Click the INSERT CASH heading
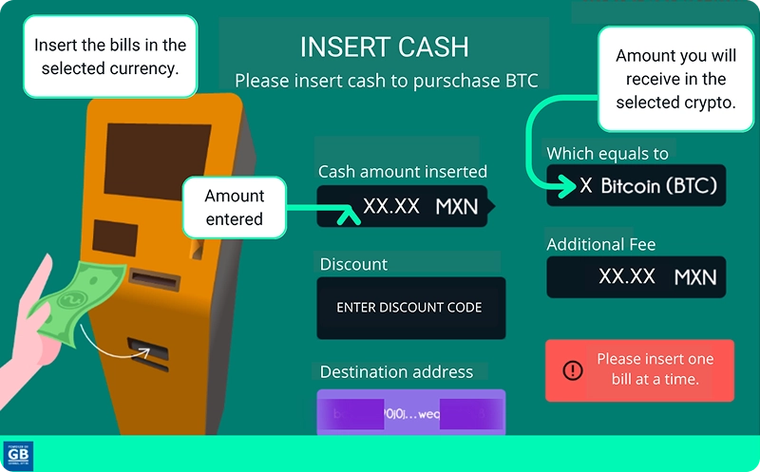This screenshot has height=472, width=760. pyautogui.click(x=384, y=47)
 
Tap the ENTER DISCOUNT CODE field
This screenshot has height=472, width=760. pyautogui.click(x=409, y=308)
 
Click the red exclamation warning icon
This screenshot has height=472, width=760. pyautogui.click(x=572, y=370)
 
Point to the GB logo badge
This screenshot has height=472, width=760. pyautogui.click(x=19, y=456)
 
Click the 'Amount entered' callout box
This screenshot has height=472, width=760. pyautogui.click(x=235, y=207)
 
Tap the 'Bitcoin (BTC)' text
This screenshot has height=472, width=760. pyautogui.click(x=658, y=185)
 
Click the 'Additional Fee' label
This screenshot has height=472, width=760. pyautogui.click(x=600, y=245)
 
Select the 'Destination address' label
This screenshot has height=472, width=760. pyautogui.click(x=396, y=372)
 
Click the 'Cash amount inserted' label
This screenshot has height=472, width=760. pyautogui.click(x=403, y=172)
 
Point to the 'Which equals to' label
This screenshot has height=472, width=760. pyautogui.click(x=607, y=154)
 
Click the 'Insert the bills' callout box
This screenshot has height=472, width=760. pyautogui.click(x=110, y=56)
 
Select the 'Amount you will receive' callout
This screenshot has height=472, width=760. pyautogui.click(x=675, y=79)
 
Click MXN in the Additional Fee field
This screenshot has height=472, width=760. pyautogui.click(x=694, y=277)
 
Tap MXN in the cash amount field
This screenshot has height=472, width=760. pyautogui.click(x=457, y=206)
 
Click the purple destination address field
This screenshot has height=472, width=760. pyautogui.click(x=410, y=412)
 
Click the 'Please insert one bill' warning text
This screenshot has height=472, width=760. pyautogui.click(x=655, y=369)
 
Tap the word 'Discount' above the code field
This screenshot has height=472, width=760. pyautogui.click(x=353, y=264)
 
